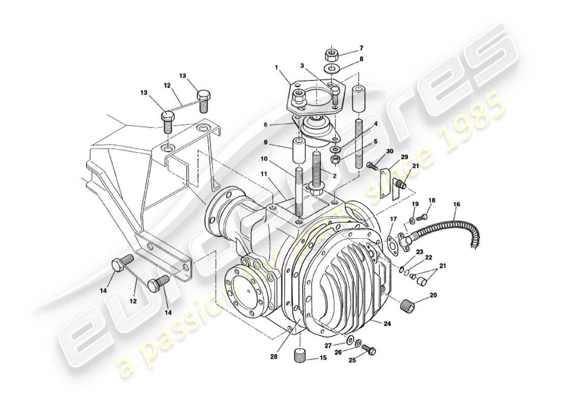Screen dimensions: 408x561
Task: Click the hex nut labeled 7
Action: tap(332, 53)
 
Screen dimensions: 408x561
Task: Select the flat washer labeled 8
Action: tap(333, 68)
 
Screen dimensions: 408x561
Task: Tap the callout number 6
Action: tap(279, 124)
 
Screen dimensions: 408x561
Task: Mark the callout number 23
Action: tap(420, 251)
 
